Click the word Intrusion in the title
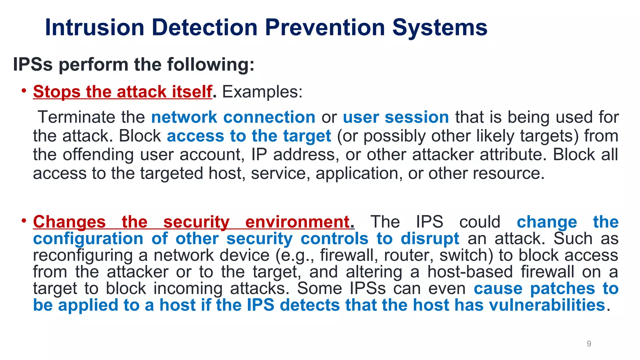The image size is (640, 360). pyautogui.click(x=95, y=27)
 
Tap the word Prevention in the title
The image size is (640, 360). pyautogui.click(x=325, y=27)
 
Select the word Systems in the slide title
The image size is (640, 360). pyautogui.click(x=440, y=27)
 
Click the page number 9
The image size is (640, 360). pyautogui.click(x=589, y=344)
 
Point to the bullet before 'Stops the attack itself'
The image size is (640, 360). pyautogui.click(x=24, y=91)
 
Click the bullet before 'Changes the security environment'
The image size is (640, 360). pyautogui.click(x=24, y=221)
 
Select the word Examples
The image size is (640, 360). pyautogui.click(x=262, y=92)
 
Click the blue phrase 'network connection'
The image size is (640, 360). pyautogui.click(x=233, y=117)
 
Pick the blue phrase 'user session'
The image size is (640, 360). pyautogui.click(x=396, y=117)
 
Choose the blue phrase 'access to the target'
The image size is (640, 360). pyautogui.click(x=249, y=136)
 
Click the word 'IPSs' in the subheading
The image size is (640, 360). pyautogui.click(x=33, y=64)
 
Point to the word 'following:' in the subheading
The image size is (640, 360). pyautogui.click(x=211, y=64)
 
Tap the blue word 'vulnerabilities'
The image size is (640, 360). pyautogui.click(x=547, y=305)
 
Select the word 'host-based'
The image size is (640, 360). pyautogui.click(x=470, y=272)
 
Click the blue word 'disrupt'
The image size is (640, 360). pyautogui.click(x=430, y=239)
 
